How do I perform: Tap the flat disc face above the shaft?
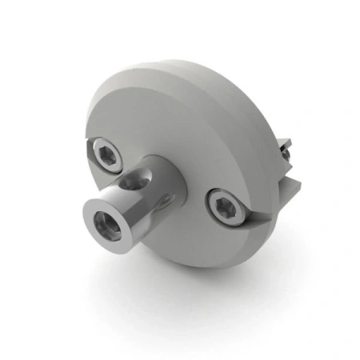click(x=160, y=120)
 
